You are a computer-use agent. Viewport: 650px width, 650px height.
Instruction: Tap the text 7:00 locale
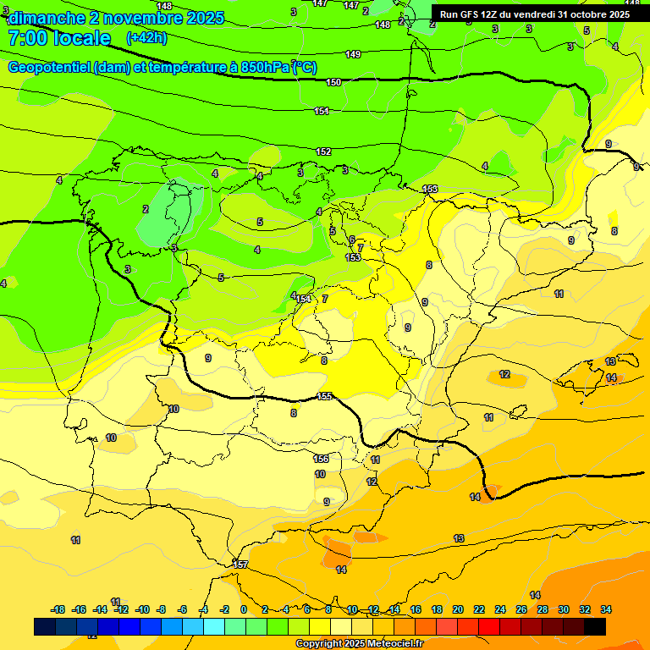click(x=59, y=38)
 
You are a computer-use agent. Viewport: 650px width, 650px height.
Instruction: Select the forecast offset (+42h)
click(x=146, y=38)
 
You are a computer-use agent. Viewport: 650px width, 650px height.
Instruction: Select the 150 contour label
click(x=333, y=82)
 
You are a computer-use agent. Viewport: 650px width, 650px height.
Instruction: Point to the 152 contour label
click(x=323, y=151)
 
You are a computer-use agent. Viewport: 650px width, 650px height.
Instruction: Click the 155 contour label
click(x=324, y=396)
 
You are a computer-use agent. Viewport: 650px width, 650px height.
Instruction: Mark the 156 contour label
click(x=321, y=459)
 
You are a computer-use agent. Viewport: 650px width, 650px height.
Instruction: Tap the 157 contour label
click(x=241, y=565)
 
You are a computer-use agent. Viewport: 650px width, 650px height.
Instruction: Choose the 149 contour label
click(x=353, y=55)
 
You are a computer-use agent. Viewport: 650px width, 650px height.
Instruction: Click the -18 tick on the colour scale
click(x=58, y=609)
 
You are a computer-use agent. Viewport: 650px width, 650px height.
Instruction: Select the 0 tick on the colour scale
click(x=243, y=609)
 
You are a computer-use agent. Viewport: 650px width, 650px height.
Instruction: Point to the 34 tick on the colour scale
click(x=606, y=609)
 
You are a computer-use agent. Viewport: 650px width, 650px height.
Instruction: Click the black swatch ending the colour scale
click(x=594, y=626)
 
